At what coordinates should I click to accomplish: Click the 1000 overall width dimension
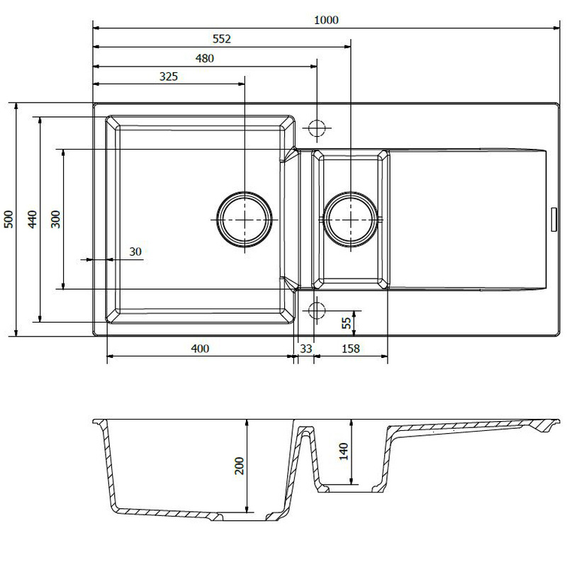326,21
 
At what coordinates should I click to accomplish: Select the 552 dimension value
221,39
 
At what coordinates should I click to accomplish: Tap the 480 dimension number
204,58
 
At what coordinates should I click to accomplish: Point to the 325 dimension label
169,77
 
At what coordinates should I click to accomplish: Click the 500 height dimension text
9,219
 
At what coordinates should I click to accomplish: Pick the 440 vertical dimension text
32,219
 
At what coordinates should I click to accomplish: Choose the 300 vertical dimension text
56,219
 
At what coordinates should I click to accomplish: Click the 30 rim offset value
135,252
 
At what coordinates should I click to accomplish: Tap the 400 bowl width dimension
200,349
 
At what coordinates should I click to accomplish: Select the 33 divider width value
306,349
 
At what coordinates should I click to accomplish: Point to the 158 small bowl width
350,349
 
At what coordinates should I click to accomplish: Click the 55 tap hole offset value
347,323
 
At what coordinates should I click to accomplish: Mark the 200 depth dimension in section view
240,466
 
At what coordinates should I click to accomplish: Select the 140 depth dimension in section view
344,451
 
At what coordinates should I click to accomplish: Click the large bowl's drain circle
245,220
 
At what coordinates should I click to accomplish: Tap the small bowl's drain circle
350,220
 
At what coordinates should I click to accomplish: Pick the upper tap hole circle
317,128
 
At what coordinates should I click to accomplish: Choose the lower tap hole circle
317,310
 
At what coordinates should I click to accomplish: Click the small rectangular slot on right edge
554,220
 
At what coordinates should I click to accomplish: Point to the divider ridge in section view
306,430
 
